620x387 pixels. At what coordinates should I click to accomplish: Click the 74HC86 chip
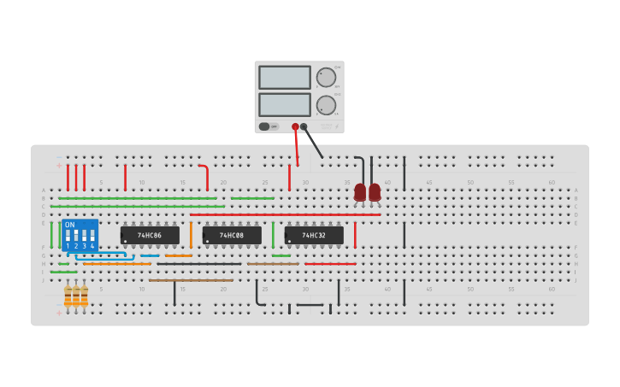(150, 235)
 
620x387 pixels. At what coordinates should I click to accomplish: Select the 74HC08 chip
(232, 235)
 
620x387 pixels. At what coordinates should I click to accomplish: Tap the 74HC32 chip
(314, 235)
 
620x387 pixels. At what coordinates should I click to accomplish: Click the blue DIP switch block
(80, 235)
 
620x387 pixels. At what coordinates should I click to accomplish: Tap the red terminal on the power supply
(295, 126)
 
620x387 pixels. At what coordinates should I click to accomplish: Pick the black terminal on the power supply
(304, 126)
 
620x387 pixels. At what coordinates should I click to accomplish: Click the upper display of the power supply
(284, 77)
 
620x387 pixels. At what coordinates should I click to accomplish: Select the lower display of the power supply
(284, 104)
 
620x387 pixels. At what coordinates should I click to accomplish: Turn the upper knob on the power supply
(326, 77)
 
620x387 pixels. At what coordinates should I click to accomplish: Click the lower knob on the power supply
(326, 105)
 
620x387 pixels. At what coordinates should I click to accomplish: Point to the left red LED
(360, 192)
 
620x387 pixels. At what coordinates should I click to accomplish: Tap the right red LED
(375, 192)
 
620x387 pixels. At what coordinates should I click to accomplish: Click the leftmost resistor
(68, 296)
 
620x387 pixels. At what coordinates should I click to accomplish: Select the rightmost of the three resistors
(84, 296)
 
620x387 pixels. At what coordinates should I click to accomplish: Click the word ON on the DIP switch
(69, 225)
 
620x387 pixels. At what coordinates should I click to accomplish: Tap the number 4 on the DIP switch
(92, 246)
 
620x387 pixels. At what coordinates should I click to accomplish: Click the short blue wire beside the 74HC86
(150, 255)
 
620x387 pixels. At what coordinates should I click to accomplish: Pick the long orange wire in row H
(116, 264)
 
